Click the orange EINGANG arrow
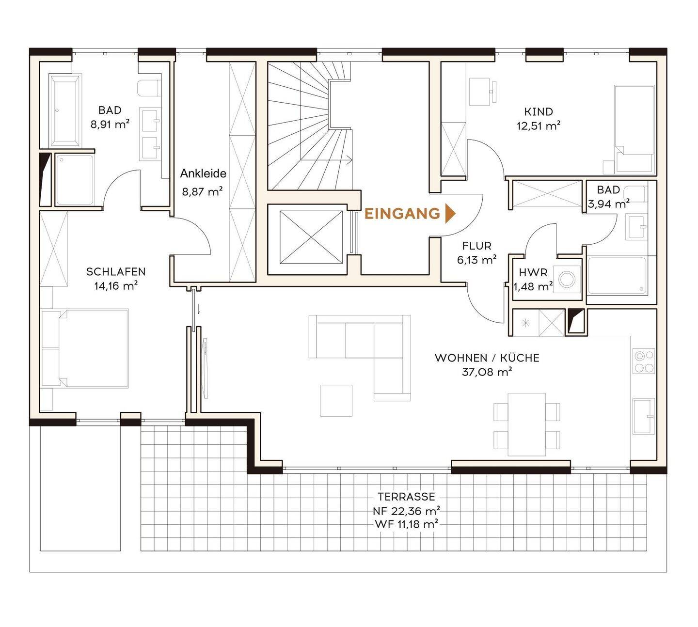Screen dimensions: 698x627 [450, 213]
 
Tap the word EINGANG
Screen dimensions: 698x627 [402, 214]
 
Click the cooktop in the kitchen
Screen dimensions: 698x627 [644, 361]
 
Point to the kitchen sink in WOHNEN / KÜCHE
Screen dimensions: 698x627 [644, 416]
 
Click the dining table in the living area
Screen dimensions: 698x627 [527, 424]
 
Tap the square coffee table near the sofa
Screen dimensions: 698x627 [336, 400]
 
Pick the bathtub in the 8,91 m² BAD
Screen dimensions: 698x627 [65, 110]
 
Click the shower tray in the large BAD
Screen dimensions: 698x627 [75, 179]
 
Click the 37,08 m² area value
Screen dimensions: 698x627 [487, 372]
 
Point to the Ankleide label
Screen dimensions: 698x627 [203, 173]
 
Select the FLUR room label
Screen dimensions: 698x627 [477, 246]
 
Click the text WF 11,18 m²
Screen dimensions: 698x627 [407, 524]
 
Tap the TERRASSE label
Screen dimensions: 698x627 [407, 497]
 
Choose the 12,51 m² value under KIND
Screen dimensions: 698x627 [538, 125]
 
